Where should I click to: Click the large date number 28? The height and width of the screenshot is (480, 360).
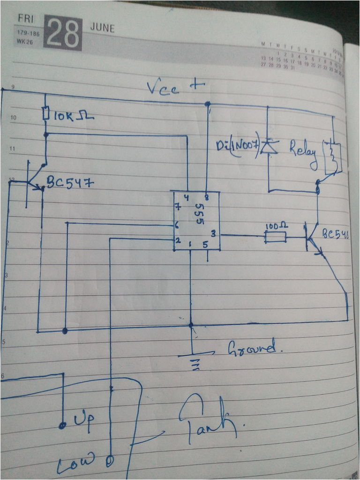[63, 33]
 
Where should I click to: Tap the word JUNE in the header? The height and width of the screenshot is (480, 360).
[102, 28]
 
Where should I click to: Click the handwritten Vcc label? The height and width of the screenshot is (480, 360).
[162, 88]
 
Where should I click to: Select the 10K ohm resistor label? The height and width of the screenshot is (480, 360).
[73, 115]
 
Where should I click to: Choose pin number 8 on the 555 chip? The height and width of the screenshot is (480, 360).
[207, 198]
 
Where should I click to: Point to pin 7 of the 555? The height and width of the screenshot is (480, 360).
[178, 207]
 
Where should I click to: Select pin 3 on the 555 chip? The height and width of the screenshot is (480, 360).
[213, 233]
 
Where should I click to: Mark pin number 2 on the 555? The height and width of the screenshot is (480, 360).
[179, 240]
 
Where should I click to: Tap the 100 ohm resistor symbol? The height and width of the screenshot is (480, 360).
[276, 238]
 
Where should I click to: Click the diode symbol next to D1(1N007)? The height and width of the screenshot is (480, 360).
[269, 147]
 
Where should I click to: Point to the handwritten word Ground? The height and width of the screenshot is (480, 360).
[251, 347]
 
